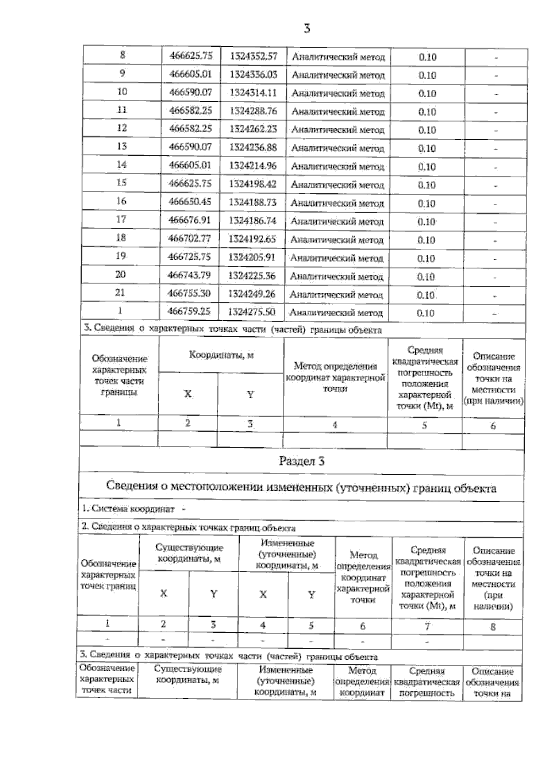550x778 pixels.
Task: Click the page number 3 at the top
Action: click(307, 29)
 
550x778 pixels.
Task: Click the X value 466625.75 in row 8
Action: click(191, 56)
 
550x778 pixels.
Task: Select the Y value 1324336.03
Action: click(253, 74)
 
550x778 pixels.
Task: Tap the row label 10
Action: click(122, 92)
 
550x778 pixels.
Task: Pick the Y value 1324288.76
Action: click(253, 111)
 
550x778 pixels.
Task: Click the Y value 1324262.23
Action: click(253, 129)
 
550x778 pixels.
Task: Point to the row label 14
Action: click(121, 164)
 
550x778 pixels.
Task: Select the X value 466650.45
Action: click(190, 202)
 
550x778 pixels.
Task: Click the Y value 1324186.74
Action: click(253, 221)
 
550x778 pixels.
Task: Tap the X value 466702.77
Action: click(190, 239)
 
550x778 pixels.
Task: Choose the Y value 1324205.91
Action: click(252, 258)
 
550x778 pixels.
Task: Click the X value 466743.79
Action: click(189, 275)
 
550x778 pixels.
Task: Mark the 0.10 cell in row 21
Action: click(426, 295)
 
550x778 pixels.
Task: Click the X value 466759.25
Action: click(189, 312)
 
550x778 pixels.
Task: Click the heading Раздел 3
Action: click(302, 461)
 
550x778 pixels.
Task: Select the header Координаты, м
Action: click(221, 355)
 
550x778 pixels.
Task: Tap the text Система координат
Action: click(128, 509)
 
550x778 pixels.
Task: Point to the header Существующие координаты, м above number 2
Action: click(189, 553)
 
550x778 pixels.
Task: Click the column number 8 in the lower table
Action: click(493, 626)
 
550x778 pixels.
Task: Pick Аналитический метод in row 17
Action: click(337, 222)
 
